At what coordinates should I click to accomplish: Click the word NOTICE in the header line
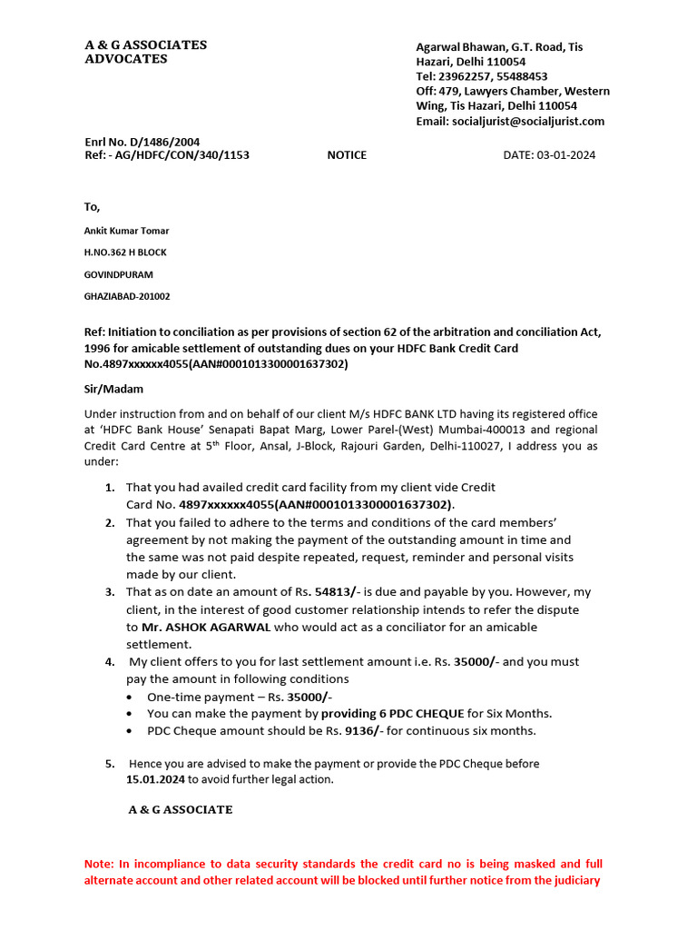point(347,155)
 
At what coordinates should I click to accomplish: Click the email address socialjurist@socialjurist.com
point(528,121)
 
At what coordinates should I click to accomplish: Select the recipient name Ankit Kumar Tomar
point(127,231)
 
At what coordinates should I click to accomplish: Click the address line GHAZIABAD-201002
point(127,296)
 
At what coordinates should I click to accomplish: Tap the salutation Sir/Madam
point(113,389)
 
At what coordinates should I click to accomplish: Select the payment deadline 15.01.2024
point(156,779)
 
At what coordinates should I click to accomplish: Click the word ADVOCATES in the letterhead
point(126,59)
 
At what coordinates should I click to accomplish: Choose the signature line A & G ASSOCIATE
point(181,809)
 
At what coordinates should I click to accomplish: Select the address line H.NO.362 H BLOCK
point(125,252)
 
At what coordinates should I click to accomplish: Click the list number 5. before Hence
point(109,765)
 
